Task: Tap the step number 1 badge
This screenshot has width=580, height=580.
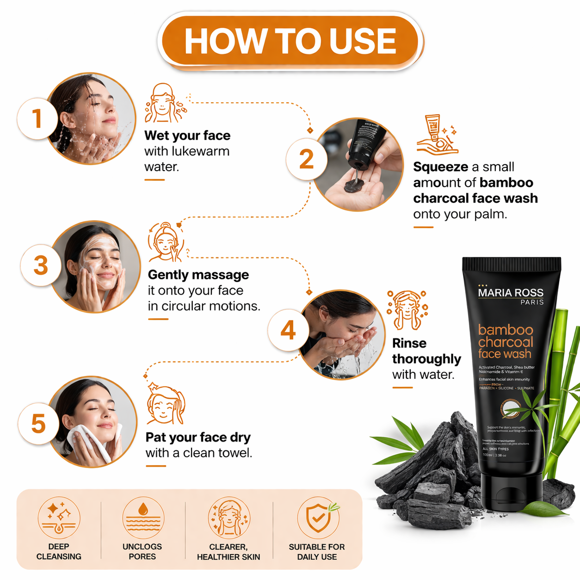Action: (37, 118)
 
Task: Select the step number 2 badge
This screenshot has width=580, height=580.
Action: (306, 159)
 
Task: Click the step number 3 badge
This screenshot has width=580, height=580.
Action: (41, 265)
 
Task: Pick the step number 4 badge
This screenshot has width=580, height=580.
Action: (288, 330)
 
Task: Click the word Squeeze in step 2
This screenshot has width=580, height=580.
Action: (440, 167)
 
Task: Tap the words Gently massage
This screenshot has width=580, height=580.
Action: (198, 275)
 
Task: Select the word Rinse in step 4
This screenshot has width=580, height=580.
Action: (409, 343)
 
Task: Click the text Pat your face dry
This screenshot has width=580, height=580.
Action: (198, 437)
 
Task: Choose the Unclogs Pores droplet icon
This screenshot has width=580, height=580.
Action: (143, 517)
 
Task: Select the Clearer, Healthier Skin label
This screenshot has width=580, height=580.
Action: (228, 552)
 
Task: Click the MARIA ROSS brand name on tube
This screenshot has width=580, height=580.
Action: (511, 293)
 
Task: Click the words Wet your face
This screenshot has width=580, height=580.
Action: (187, 136)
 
